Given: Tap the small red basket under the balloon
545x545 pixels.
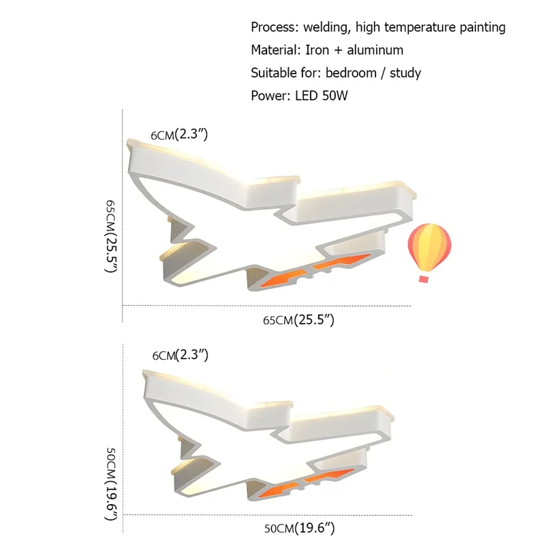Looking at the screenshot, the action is click(x=425, y=278).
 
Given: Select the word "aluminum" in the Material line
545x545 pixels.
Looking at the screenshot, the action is click(x=375, y=50).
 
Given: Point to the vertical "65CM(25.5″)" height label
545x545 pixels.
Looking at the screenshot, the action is click(x=109, y=236).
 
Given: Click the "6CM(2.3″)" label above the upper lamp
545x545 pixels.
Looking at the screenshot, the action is click(x=180, y=135).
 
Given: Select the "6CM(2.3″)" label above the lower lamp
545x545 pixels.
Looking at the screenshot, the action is click(x=180, y=355).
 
